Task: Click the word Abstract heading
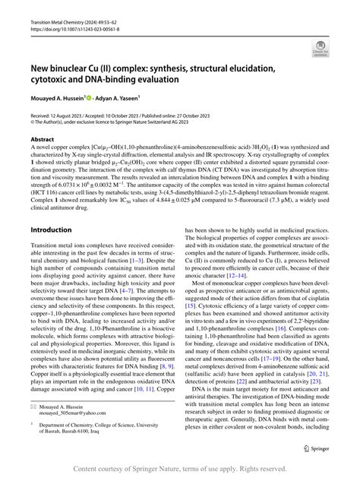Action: [43, 141]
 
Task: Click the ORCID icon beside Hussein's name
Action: [93, 97]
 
